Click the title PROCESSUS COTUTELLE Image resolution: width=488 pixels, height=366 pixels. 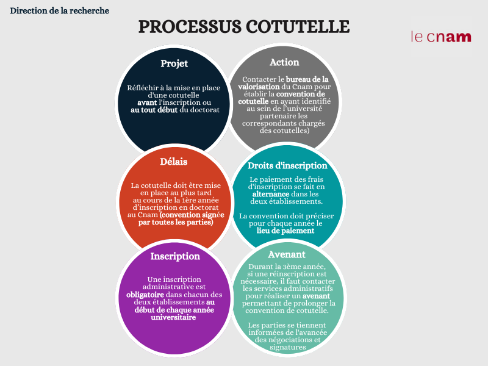244,26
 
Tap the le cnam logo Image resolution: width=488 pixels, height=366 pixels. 441,37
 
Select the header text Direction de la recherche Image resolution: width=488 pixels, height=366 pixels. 59,10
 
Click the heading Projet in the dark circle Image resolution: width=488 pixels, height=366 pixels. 174,64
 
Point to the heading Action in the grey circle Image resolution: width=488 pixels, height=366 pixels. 284,62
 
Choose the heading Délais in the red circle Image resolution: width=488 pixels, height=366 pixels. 174,162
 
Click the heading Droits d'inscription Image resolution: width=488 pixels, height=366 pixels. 287,165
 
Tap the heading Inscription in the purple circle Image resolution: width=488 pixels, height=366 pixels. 175,256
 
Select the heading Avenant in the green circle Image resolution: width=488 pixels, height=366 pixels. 287,254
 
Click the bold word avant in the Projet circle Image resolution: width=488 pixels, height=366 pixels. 147,102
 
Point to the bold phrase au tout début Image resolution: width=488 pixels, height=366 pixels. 154,110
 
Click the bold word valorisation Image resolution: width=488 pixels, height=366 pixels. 259,87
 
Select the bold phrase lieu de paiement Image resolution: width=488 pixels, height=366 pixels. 285,231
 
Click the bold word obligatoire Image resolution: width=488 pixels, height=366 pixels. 145,295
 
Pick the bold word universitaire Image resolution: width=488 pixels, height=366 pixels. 173,317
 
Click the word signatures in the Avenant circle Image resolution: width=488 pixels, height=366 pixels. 288,347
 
